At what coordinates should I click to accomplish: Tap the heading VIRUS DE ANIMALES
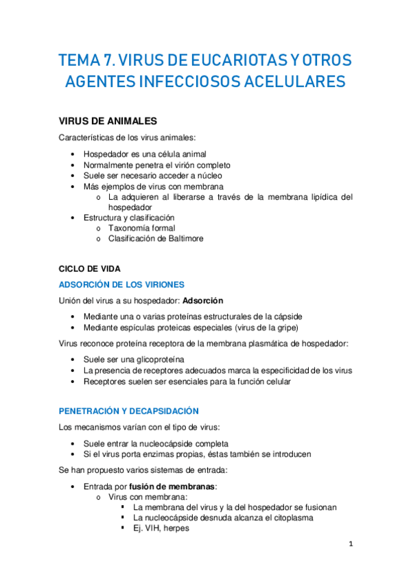coord(108,121)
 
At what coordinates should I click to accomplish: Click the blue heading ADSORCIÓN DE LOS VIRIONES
coord(121,285)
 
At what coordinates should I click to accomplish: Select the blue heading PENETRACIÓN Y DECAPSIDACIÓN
coord(129,411)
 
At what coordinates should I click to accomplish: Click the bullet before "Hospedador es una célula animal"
coord(73,154)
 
